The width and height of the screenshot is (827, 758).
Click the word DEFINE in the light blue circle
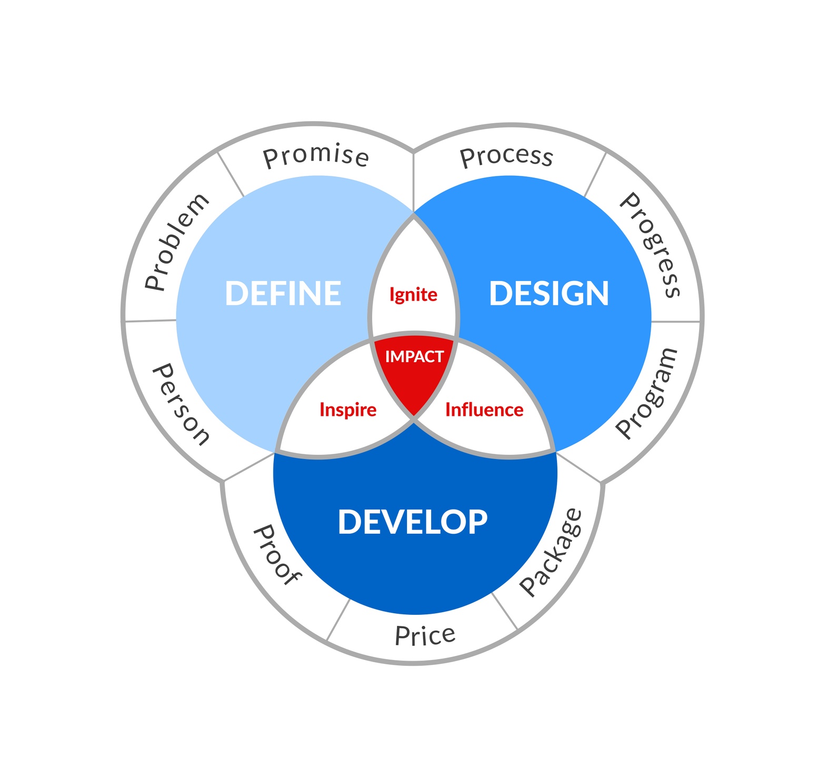[x=283, y=293]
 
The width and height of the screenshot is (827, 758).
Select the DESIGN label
[x=549, y=293]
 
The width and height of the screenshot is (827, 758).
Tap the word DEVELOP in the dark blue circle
[x=413, y=522]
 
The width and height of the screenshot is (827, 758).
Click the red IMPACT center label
[x=414, y=357]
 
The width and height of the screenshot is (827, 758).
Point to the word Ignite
[x=413, y=295]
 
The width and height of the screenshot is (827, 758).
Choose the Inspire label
[x=348, y=410]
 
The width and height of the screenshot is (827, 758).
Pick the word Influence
[x=484, y=410]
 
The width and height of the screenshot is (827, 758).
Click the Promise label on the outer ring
[x=316, y=157]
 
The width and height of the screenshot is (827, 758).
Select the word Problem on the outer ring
[x=176, y=243]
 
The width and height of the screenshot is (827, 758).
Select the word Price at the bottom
[x=425, y=635]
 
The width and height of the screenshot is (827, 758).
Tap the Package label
[x=551, y=552]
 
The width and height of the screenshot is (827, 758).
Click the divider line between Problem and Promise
[x=231, y=174]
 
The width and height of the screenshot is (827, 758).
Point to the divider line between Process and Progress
[x=595, y=175]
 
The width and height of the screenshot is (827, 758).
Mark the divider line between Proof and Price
[x=338, y=620]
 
